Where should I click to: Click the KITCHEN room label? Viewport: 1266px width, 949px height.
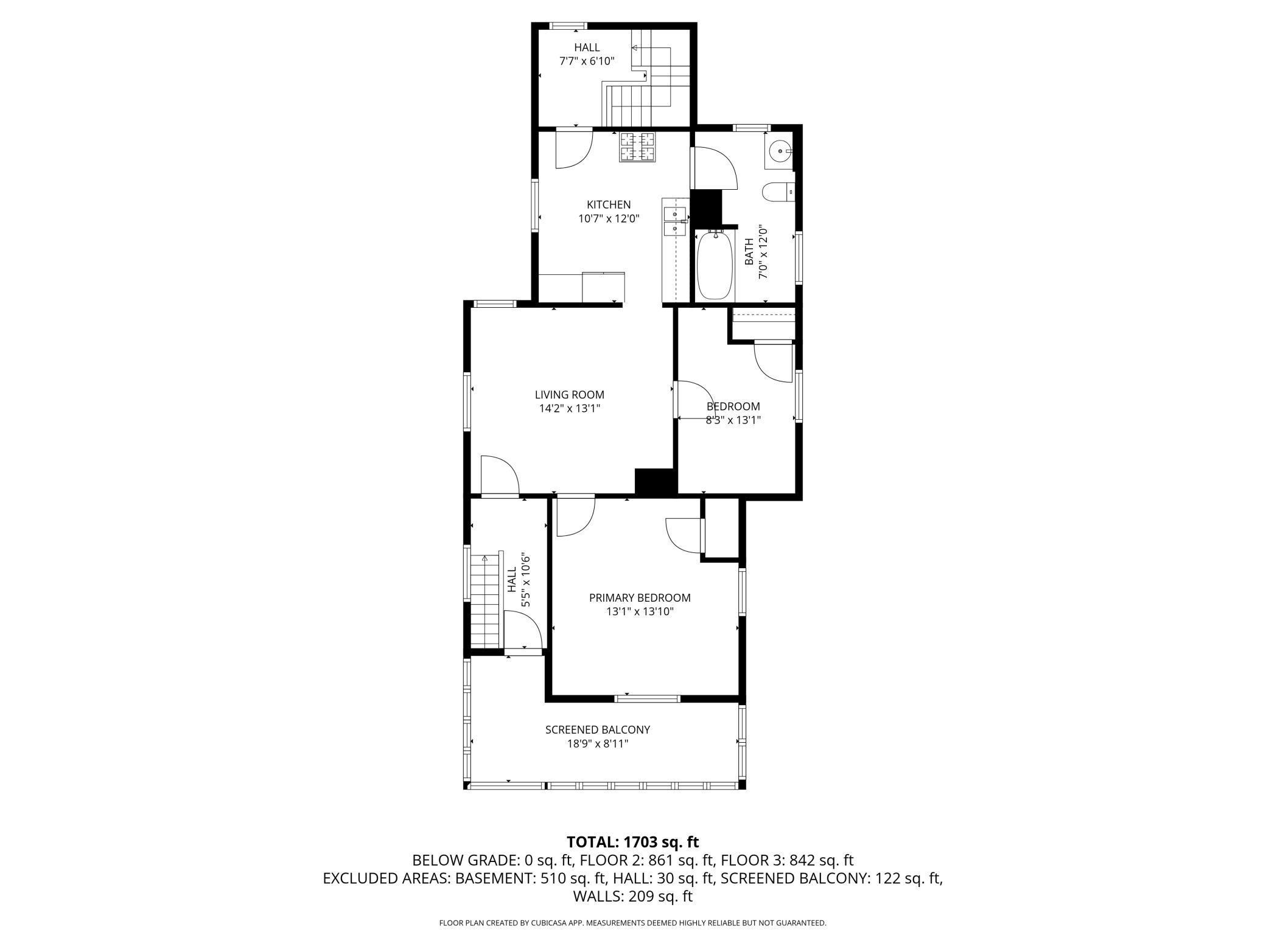pos(608,204)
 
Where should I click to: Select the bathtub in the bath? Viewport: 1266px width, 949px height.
pos(713,266)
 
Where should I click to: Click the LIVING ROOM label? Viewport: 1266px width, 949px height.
pos(569,395)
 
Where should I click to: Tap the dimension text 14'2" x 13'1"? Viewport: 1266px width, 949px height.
pos(569,409)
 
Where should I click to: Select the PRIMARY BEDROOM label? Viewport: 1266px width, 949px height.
pos(639,598)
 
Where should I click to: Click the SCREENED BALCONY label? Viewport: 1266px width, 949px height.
pos(597,729)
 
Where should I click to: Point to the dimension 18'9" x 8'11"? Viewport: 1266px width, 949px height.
pos(597,743)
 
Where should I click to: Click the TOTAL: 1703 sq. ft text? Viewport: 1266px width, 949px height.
pos(632,842)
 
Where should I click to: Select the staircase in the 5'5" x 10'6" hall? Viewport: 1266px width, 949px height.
pos(485,602)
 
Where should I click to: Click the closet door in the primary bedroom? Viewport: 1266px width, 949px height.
pos(685,534)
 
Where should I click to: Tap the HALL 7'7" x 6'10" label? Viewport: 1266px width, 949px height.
pos(586,54)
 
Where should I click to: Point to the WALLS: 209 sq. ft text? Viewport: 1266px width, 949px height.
pos(632,896)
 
